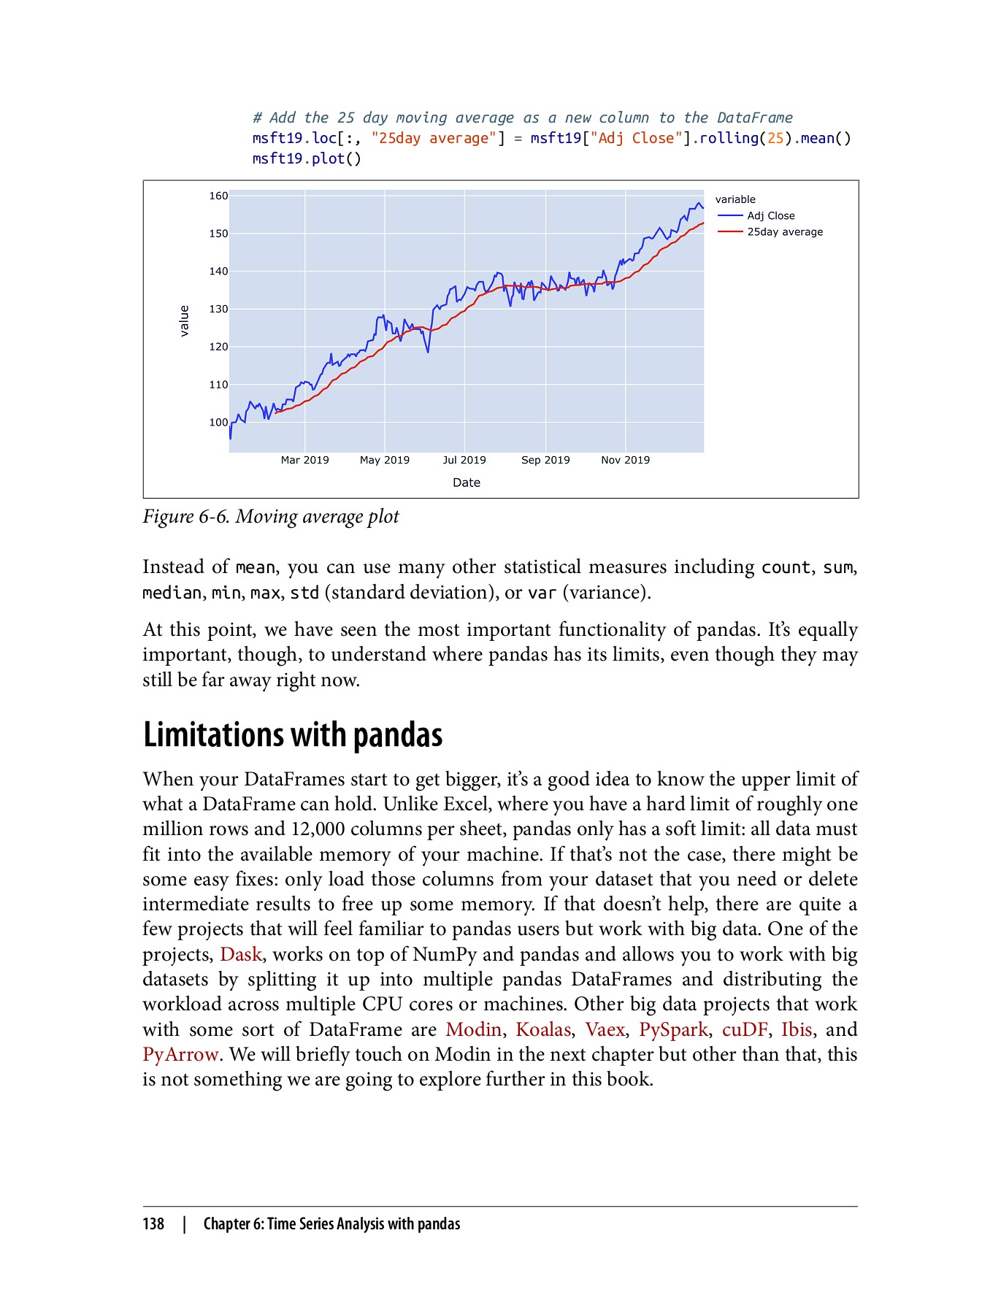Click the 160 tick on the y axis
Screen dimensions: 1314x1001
[218, 196]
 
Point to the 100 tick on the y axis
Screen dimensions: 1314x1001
[218, 422]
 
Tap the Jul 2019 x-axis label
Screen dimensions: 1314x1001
[464, 460]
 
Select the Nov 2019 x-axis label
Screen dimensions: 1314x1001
[625, 460]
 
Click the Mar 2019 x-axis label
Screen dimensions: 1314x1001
[304, 460]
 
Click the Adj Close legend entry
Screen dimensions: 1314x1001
[770, 215]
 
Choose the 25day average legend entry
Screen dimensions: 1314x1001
[784, 231]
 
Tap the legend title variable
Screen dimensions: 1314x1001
[735, 199]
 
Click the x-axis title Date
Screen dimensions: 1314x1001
[466, 483]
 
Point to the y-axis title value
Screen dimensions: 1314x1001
[185, 320]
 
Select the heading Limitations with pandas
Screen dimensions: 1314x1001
[292, 734]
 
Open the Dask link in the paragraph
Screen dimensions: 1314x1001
[240, 954]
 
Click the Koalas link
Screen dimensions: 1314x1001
[542, 1029]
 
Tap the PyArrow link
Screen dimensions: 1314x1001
[180, 1054]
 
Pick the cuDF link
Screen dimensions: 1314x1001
[744, 1029]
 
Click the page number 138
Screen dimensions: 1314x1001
[153, 1224]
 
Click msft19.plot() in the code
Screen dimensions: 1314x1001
[307, 158]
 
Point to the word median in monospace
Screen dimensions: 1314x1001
[172, 593]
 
